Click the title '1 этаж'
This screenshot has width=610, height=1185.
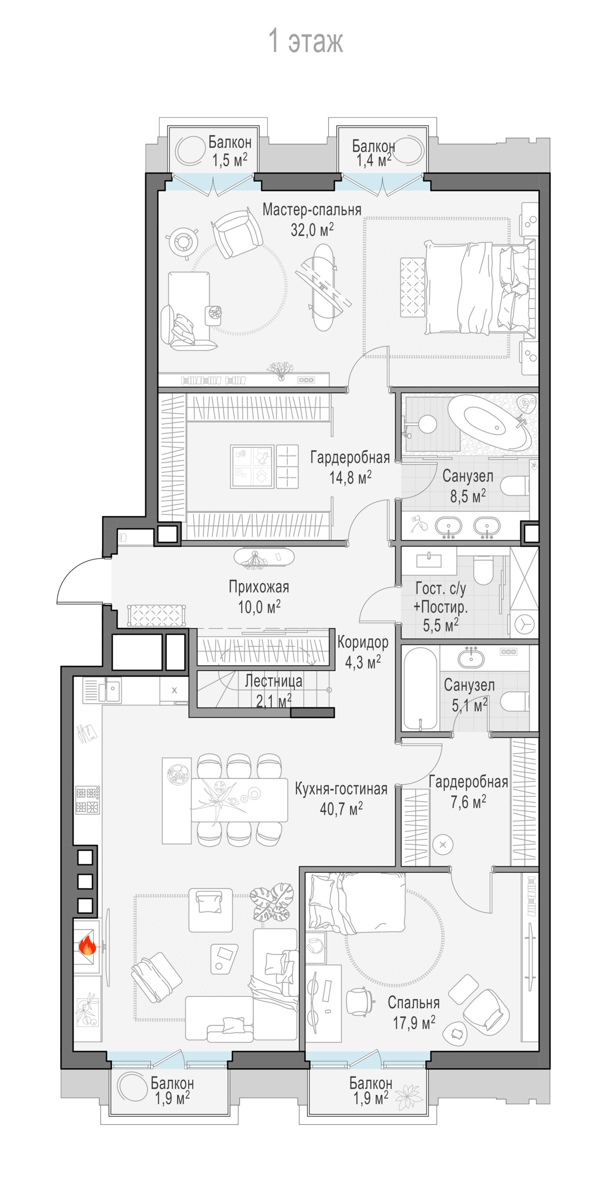tap(305, 41)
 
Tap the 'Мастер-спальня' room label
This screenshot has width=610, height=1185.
tap(312, 210)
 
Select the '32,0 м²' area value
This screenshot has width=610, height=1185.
tap(312, 230)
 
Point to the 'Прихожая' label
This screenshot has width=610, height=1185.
tap(259, 587)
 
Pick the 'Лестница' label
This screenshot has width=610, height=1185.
tap(274, 681)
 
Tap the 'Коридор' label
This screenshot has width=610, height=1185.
tap(363, 642)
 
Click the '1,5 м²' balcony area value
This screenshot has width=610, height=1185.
tap(230, 160)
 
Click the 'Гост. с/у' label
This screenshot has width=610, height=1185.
tap(441, 588)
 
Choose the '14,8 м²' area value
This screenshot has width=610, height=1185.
tap(351, 477)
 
